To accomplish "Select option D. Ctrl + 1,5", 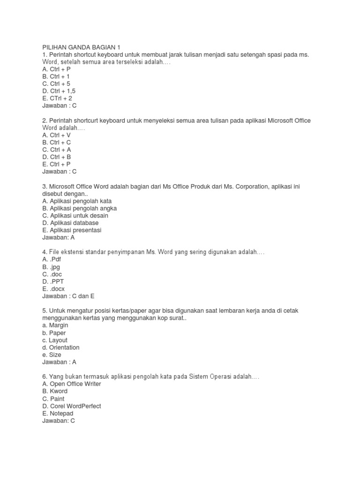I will point(59,91).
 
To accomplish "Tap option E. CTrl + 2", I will point(57,98).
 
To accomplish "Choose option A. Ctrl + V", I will point(56,135).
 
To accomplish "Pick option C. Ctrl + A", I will point(56,150).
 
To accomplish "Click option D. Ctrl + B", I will point(56,157).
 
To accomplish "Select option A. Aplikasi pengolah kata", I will point(77,201).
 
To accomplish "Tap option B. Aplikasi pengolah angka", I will point(79,208).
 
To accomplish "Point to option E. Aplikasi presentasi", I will point(72,230).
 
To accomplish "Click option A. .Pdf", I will point(52,259).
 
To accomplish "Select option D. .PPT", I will point(53,281).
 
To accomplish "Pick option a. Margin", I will point(55,325).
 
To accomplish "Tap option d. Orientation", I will point(61,347).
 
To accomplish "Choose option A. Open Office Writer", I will point(72,384).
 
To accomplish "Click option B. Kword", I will point(55,391).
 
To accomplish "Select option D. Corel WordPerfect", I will point(72,406).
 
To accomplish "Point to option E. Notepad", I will point(58,413).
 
